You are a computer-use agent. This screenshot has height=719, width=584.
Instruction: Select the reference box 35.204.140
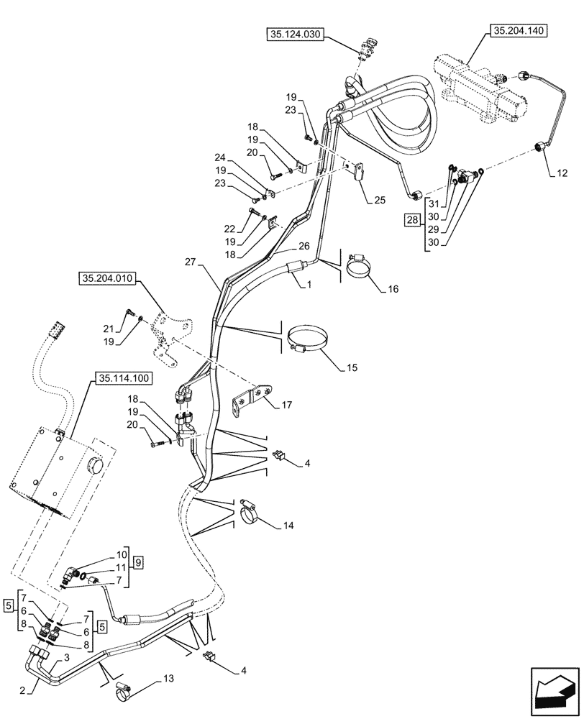[x=519, y=32]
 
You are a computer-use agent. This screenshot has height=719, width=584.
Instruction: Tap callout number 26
[x=304, y=245]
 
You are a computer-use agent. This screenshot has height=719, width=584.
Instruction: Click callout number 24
[x=221, y=157]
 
